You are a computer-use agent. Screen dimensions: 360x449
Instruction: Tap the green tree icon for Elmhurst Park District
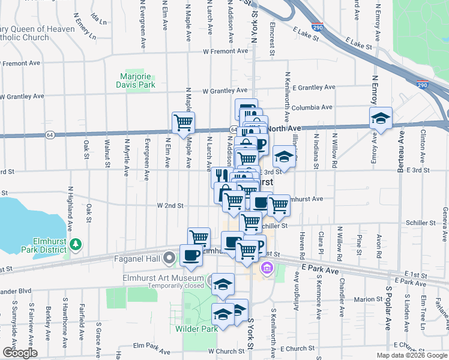pyautogui.click(x=76, y=244)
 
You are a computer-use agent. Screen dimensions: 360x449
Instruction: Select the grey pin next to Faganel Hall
pyautogui.click(x=169, y=259)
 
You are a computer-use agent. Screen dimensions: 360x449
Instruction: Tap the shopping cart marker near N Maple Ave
pyautogui.click(x=183, y=122)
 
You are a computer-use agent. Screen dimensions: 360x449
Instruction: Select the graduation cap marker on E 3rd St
pyautogui.click(x=284, y=157)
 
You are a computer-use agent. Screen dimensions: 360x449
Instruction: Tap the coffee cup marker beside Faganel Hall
pyautogui.click(x=191, y=254)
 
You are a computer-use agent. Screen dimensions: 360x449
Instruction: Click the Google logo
pyautogui.click(x=20, y=353)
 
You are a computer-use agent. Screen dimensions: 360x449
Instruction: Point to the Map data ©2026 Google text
pyautogui.click(x=412, y=355)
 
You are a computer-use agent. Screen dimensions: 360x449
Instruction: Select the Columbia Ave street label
pyautogui.click(x=310, y=107)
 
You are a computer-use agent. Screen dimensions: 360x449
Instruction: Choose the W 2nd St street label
pyautogui.click(x=170, y=205)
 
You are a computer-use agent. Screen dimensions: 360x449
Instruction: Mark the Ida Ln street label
pyautogui.click(x=98, y=18)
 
